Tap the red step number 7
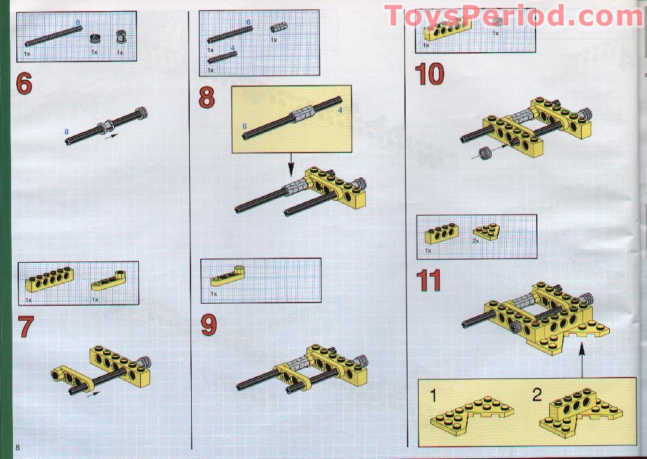(x=26, y=327)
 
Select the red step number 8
(x=207, y=98)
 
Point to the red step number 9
(x=208, y=324)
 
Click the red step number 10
(x=430, y=74)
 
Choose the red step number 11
(x=429, y=280)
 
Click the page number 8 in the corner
(x=19, y=447)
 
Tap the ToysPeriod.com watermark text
(x=514, y=16)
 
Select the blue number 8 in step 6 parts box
(x=78, y=23)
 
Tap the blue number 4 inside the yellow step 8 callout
(x=340, y=110)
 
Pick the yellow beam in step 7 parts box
(x=49, y=278)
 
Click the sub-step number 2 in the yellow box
(x=536, y=395)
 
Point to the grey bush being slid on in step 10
(x=485, y=154)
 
